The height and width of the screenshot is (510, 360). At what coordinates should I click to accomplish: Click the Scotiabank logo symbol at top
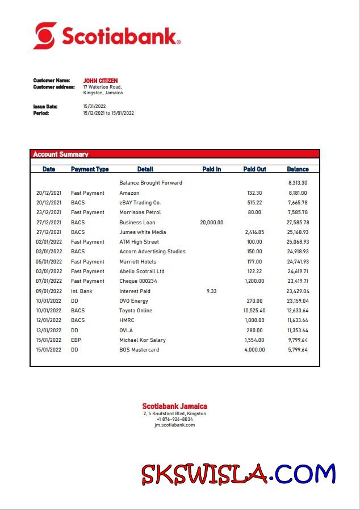[45, 35]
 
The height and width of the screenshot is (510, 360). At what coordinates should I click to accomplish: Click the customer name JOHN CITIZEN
[101, 81]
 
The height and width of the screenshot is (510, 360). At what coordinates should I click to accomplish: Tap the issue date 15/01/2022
[94, 106]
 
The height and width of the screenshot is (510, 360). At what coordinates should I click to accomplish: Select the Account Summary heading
[61, 154]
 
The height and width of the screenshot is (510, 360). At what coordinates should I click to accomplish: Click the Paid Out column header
[254, 169]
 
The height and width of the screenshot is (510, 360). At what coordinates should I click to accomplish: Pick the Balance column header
[298, 169]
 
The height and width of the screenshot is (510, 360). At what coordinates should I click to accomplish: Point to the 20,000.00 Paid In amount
[212, 223]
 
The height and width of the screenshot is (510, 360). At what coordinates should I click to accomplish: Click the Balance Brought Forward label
[150, 183]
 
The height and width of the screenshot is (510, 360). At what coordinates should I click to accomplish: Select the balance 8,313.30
[298, 183]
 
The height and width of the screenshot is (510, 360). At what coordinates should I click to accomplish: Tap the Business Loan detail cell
[137, 223]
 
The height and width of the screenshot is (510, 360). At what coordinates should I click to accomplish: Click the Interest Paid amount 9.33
[212, 291]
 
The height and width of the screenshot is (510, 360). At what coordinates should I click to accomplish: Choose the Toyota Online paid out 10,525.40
[254, 311]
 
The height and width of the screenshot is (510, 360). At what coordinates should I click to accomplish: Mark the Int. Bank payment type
[81, 291]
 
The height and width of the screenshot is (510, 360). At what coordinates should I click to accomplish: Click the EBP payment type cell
[77, 340]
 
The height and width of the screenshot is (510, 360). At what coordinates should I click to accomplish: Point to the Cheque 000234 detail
[138, 281]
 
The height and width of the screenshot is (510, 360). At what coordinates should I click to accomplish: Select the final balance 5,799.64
[298, 350]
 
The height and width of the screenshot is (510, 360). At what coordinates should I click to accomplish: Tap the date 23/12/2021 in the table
[49, 212]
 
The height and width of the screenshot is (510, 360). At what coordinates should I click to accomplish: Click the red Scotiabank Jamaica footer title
[174, 406]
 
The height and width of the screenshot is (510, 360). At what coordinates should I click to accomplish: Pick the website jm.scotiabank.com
[174, 425]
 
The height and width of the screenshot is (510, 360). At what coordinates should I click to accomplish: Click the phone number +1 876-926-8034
[174, 419]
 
